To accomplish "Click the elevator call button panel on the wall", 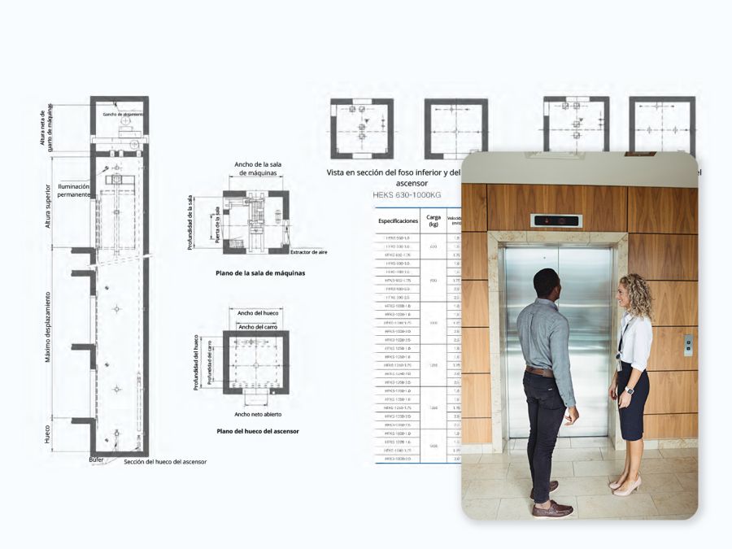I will coord(688,345).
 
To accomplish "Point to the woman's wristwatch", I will coord(629,391).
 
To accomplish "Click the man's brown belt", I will coord(539,372).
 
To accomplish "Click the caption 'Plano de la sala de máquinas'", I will coord(260,273).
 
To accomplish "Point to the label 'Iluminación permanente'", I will coord(74,191).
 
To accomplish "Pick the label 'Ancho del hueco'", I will coord(255,312).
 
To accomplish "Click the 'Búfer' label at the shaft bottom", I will coord(97,460).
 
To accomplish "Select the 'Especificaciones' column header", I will coord(398,220).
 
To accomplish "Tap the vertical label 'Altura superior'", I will coord(48,205).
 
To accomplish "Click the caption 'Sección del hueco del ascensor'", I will coord(165,462).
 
